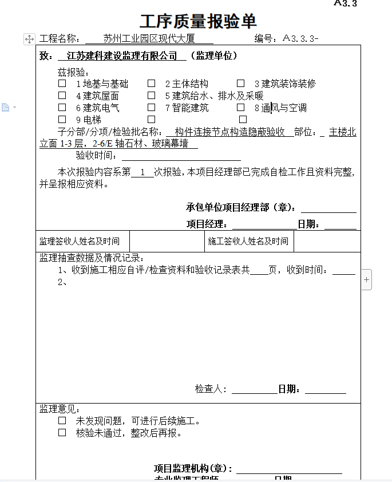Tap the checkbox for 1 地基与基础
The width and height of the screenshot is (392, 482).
62,84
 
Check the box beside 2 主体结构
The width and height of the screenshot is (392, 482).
152,84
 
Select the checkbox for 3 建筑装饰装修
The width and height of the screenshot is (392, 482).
241,84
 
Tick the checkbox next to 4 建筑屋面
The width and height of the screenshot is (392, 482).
62,96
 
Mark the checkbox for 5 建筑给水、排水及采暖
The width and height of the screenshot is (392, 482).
152,96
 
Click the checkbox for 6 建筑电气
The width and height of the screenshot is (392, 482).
62,107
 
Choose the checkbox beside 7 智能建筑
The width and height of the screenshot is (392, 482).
152,107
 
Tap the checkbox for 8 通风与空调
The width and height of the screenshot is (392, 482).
241,107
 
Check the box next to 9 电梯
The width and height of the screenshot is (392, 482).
62,120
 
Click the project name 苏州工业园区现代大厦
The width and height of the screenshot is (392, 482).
149,39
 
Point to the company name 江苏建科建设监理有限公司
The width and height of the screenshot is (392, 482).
122,56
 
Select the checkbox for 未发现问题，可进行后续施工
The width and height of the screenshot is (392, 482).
62,421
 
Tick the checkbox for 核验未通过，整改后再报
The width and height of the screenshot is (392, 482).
62,433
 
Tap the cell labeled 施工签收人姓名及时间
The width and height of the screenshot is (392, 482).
248,242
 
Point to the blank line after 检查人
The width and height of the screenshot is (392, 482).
254,390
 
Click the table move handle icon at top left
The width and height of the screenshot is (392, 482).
29,39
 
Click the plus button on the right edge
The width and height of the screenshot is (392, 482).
367,280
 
